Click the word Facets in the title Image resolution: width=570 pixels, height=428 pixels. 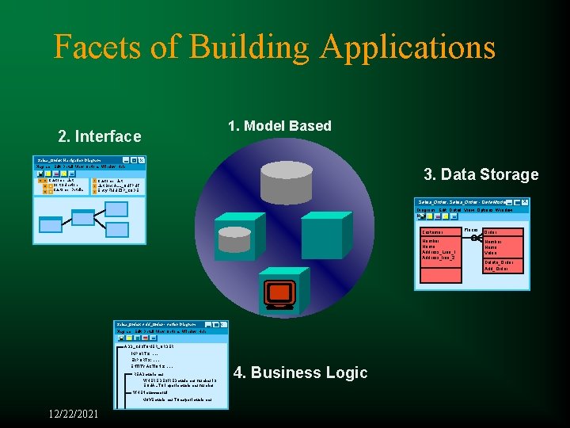coord(101,48)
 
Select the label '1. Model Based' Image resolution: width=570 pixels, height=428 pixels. coord(279,126)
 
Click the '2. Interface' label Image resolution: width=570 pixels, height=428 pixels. coord(100,136)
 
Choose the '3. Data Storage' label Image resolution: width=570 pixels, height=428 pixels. coord(481,174)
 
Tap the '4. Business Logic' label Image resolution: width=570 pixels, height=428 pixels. coord(300,373)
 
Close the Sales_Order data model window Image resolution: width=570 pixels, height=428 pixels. coord(525,202)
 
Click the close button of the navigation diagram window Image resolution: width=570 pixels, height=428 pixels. coord(141,160)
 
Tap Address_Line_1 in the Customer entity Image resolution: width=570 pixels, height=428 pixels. coord(439,251)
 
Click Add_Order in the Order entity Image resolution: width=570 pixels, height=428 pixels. coord(496,269)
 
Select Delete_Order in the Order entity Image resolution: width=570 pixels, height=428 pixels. coord(499,262)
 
